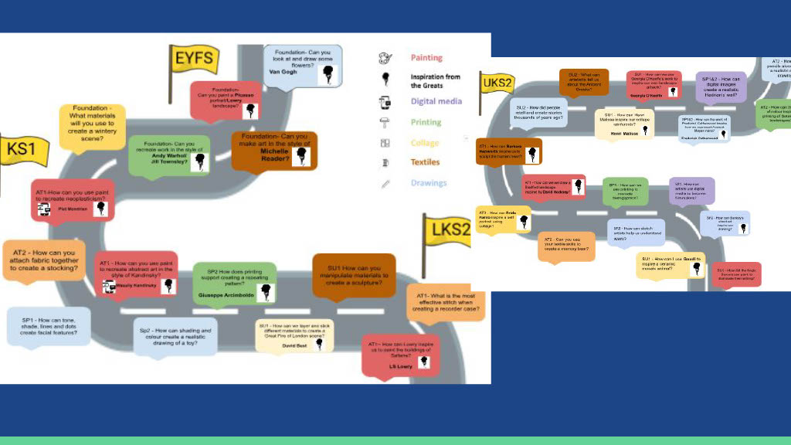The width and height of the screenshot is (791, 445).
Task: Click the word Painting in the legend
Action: point(426,58)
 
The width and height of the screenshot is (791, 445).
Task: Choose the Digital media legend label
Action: point(436,101)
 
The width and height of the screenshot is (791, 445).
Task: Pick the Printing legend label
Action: point(426,122)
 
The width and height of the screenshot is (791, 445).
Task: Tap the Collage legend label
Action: point(424,143)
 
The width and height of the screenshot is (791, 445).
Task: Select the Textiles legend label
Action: point(425,162)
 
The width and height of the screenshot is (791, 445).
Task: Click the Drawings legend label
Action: point(429,183)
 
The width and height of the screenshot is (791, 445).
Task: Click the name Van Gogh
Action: point(283,72)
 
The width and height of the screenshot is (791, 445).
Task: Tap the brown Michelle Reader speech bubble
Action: point(274,150)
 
